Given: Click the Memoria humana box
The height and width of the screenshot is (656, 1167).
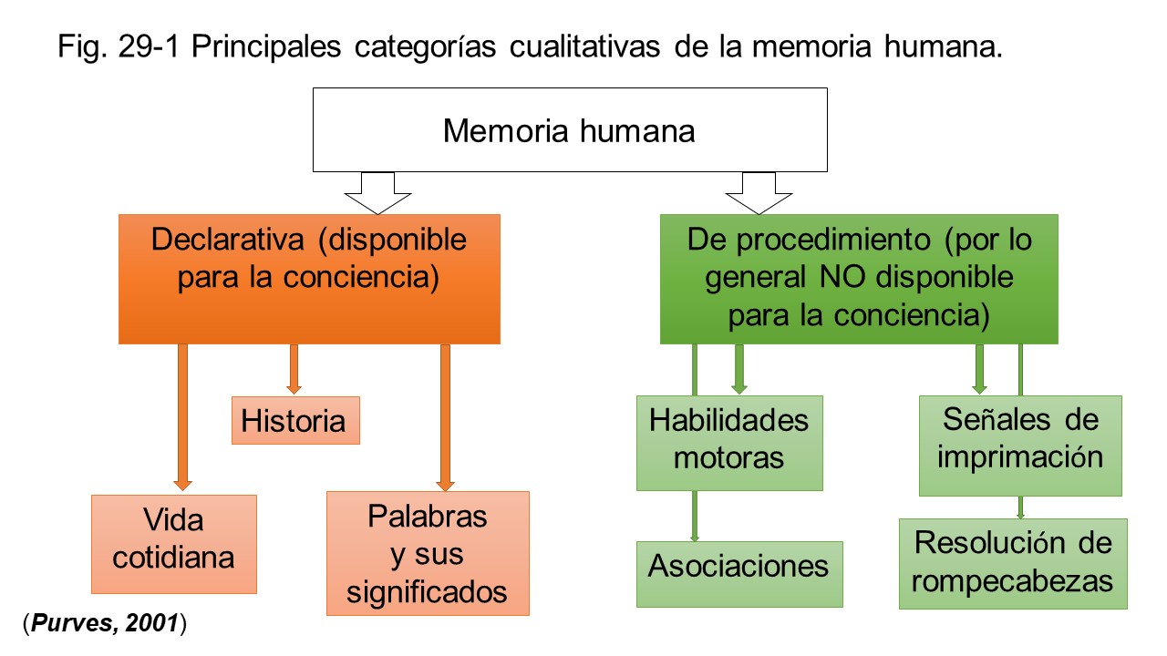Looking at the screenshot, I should point(570,130).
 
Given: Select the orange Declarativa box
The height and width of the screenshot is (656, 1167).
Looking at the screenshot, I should point(309,279).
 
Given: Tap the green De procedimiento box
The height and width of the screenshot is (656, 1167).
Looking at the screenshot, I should point(858,279).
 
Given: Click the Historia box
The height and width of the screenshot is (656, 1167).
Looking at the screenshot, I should point(295,421).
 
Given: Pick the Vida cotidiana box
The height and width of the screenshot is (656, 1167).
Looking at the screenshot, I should point(173,543).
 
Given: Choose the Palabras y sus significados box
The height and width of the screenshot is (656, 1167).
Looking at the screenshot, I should point(427,553).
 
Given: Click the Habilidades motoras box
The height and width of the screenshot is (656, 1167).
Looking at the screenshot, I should point(728,443).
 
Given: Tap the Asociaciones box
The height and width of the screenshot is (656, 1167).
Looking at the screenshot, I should point(738,573).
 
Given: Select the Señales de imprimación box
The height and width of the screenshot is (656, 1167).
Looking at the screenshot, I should point(1019,445).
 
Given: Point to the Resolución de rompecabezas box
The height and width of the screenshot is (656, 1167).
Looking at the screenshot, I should point(1012,563).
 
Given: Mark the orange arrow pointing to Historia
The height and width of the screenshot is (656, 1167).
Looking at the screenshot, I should point(294,369).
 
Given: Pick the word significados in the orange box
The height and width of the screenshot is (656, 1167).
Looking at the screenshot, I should point(428,592).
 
